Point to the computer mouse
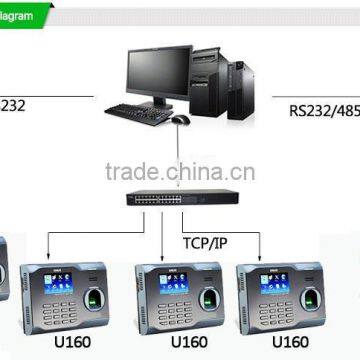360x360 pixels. coord(181,118)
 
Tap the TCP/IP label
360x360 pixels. coord(204,241)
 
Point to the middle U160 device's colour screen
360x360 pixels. coord(172,284)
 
